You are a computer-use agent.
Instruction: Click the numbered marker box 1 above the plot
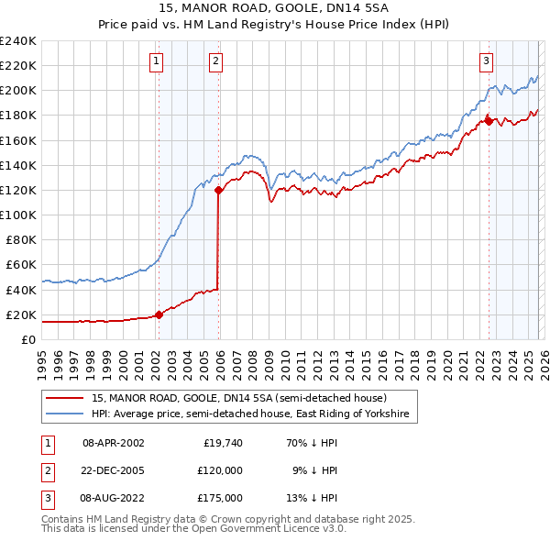(158, 61)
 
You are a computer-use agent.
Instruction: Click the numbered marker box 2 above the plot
(215, 61)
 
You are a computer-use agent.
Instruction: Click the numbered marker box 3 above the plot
(486, 61)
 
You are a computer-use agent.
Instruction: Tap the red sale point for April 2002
(159, 315)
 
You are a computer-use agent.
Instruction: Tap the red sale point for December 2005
(219, 191)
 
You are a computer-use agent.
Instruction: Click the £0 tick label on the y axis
(28, 339)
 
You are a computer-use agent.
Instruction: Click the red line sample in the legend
(64, 399)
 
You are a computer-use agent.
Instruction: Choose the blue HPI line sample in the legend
(64, 414)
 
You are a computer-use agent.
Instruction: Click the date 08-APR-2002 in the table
(114, 443)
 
